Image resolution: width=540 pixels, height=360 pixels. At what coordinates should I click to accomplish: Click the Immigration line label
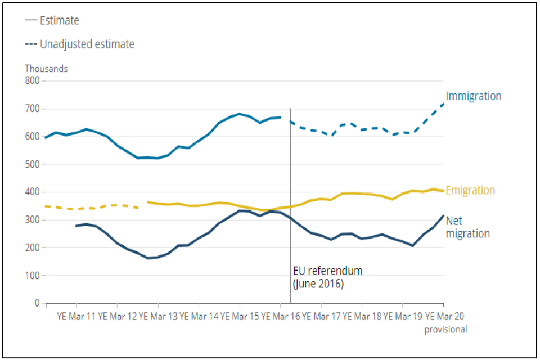473,96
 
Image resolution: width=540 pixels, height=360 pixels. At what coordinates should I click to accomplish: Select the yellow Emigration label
470,191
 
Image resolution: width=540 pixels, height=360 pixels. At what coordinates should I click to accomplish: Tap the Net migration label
467,227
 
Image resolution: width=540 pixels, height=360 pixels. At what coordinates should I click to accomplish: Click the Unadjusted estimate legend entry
79,44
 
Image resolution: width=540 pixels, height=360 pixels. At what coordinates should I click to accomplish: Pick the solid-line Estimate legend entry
52,21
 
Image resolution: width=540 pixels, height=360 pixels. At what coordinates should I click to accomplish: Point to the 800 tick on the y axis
32,81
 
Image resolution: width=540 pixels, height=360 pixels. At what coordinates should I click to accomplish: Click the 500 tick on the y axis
32,164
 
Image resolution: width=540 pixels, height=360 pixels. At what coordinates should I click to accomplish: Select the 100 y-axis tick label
32,276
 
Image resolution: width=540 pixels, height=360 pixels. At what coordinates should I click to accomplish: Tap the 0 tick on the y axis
37,303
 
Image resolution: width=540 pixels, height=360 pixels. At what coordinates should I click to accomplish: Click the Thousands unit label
46,69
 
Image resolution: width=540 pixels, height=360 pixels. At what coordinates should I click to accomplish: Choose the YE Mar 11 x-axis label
75,317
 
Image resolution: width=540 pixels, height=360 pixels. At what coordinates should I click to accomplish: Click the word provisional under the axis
445,330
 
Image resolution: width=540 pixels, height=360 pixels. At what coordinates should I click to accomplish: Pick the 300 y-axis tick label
32,220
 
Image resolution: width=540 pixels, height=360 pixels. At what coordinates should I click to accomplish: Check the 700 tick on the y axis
32,109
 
